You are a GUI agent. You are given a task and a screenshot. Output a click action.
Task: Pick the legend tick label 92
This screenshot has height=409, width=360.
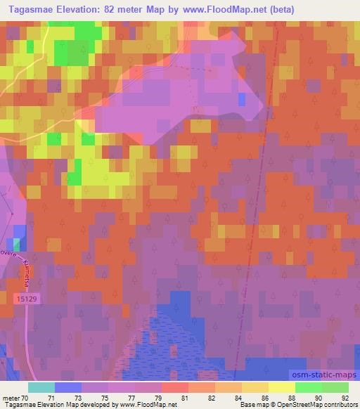tap(345, 397)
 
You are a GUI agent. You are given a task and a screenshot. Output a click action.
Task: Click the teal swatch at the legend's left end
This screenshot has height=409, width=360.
tap(41, 387)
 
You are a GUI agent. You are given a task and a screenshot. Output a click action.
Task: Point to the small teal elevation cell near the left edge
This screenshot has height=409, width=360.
tap(17, 244)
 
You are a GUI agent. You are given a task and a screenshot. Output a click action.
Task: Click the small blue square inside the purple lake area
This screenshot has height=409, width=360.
tap(242, 99)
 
